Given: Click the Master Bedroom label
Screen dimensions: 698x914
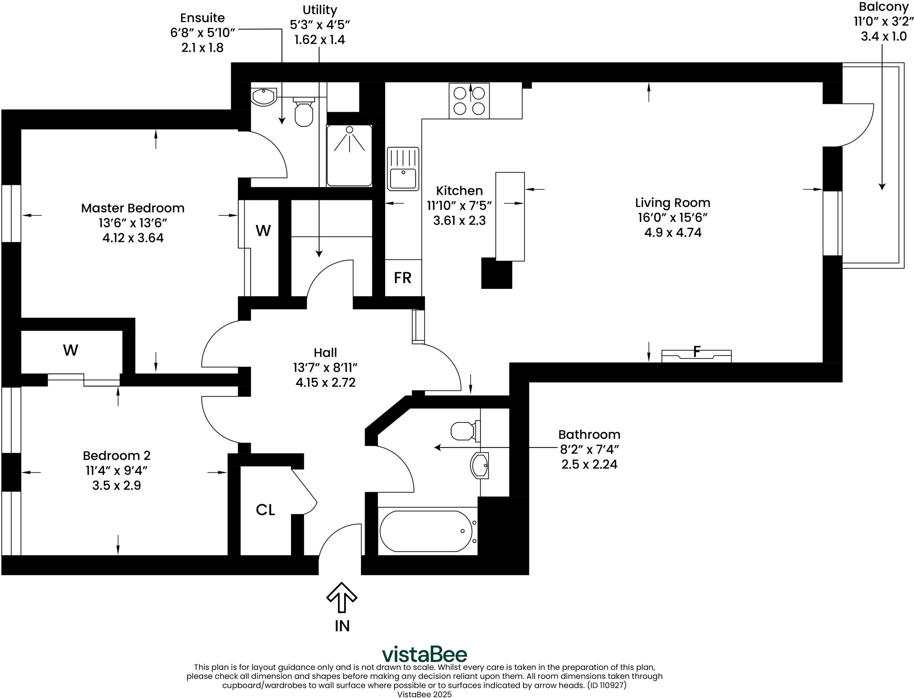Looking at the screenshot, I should click(133, 208).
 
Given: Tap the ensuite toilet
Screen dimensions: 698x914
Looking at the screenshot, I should click(304, 113).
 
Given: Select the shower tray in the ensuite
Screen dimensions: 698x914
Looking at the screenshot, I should click(349, 155).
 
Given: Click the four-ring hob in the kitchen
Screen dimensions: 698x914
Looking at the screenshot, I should click(469, 100).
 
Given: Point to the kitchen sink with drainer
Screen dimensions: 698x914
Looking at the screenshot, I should click(403, 169).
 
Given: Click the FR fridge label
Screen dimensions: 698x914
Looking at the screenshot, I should click(402, 278).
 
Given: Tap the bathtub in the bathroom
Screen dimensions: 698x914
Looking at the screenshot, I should click(426, 531).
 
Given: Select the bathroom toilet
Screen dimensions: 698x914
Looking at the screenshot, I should click(464, 431).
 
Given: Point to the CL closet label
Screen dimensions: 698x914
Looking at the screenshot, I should click(265, 510).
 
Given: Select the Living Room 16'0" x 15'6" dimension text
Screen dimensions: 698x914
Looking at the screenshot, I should click(673, 217).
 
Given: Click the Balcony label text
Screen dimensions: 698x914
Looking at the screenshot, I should click(883, 7).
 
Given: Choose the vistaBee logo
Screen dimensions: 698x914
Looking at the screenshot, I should click(424, 655).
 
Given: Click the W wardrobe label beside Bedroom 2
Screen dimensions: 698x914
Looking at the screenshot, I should click(71, 350).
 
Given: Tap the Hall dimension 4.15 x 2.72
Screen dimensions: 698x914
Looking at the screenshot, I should click(325, 383).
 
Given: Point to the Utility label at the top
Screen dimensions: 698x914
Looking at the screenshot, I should click(320, 10).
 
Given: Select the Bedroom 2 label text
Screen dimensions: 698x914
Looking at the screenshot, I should click(116, 456).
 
